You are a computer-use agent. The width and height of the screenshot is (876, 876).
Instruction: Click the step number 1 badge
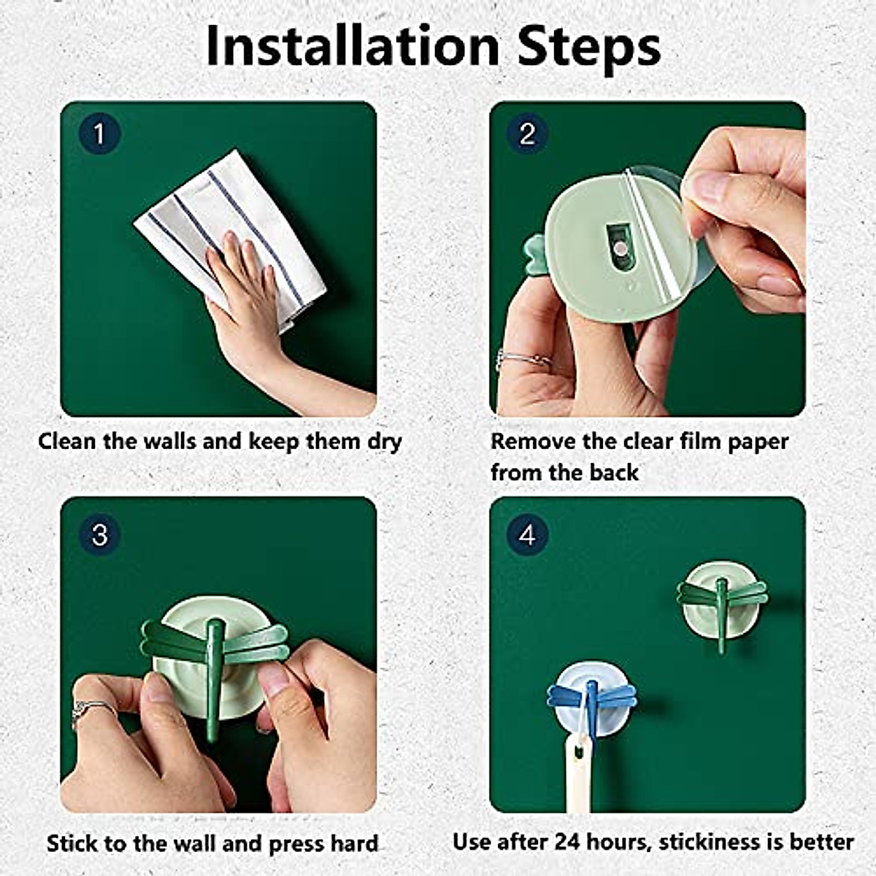[x=99, y=134]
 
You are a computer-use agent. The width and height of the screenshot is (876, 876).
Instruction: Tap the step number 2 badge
[x=527, y=134]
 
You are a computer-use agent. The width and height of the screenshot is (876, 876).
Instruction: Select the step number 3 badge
[x=99, y=534]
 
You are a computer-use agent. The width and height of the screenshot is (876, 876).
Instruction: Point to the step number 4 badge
[x=527, y=534]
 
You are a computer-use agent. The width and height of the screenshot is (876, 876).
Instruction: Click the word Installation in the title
[x=353, y=47]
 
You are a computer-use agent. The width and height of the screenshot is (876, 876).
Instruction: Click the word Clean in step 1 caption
[x=67, y=441]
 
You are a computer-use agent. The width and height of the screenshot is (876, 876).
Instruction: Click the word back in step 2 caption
[x=614, y=473]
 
